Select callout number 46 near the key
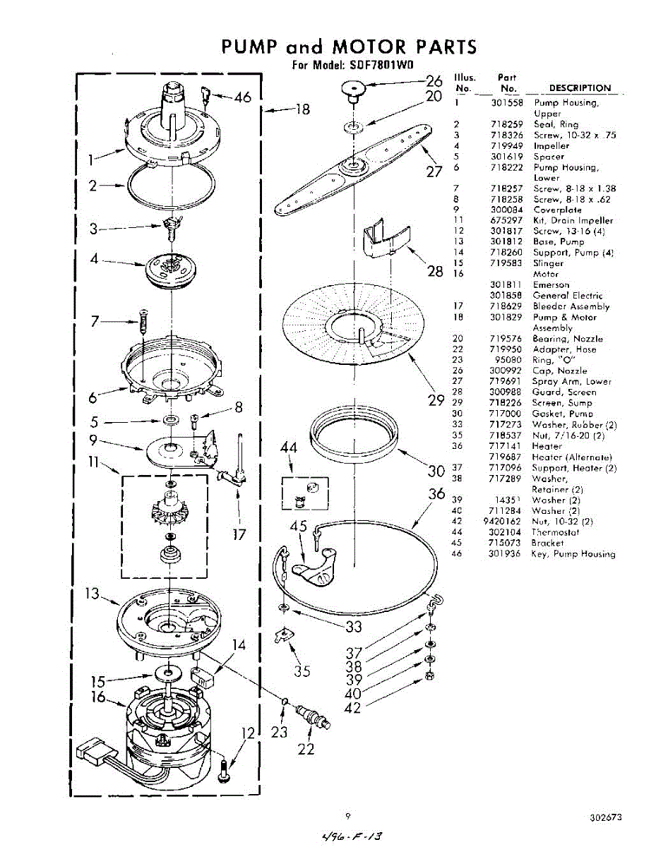pos(243,97)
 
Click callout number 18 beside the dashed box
pos(302,109)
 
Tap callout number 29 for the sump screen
pos(435,402)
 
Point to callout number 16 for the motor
pos(98,697)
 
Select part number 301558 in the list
pos(506,103)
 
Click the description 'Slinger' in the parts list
pos(548,263)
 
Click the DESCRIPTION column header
pos(579,88)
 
